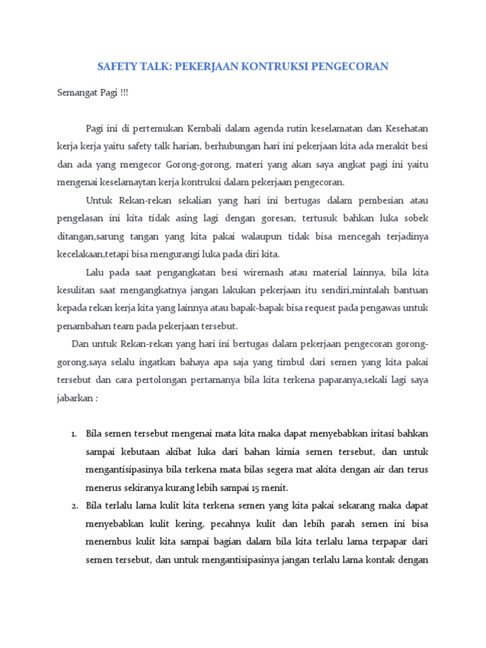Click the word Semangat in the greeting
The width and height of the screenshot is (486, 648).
[x=77, y=92]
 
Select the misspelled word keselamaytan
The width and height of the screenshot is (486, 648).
[x=123, y=182]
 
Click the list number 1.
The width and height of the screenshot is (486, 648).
[x=73, y=434]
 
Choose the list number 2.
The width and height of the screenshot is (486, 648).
[x=73, y=506]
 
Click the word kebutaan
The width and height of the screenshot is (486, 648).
[x=142, y=452]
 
